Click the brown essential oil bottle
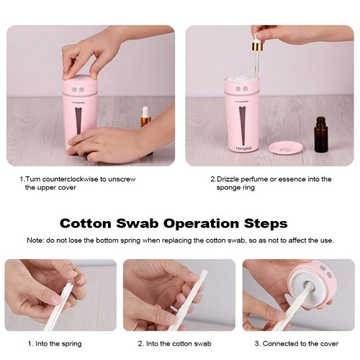pyautogui.click(x=321, y=135)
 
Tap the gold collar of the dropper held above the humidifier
pyautogui.click(x=258, y=47)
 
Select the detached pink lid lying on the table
pyautogui.click(x=285, y=151)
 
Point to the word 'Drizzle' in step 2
pyautogui.click(x=228, y=179)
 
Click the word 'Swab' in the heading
pyautogui.click(x=138, y=223)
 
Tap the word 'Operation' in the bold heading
pyautogui.click(x=201, y=223)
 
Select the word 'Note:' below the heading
pyautogui.click(x=35, y=240)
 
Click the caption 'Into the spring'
pyautogui.click(x=58, y=343)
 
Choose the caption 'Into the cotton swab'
pyautogui.click(x=179, y=343)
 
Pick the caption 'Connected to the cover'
pyautogui.click(x=300, y=343)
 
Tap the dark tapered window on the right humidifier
pyautogui.click(x=243, y=126)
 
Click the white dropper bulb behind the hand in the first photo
pyautogui.click(x=145, y=111)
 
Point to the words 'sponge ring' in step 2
pyautogui.click(x=235, y=188)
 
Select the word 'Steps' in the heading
pyautogui.click(x=266, y=223)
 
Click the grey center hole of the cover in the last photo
pyautogui.click(x=309, y=284)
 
